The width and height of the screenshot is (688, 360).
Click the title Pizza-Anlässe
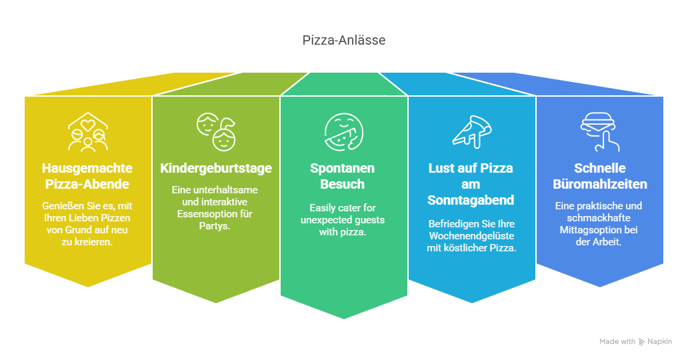[x=343, y=41]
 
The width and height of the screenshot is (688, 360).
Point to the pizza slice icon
[x=471, y=131]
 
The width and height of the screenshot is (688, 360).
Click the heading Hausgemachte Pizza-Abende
[x=87, y=176]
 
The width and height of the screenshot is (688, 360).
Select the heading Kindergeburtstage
[x=215, y=168]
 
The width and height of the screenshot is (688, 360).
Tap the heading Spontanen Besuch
[x=343, y=176]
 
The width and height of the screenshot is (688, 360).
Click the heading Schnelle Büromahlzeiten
[x=600, y=176]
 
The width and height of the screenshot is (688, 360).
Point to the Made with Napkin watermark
[x=635, y=341]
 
